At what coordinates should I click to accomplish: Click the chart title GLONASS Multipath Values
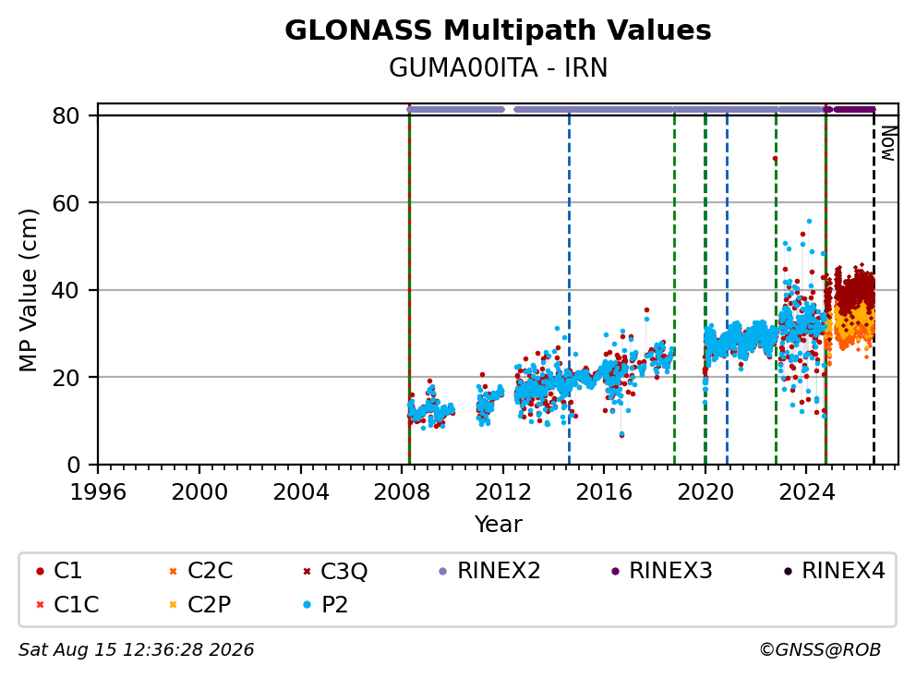498,30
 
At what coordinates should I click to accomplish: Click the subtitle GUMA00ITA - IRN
498,67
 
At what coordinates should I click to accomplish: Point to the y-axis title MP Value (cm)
28,290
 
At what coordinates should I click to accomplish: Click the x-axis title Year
498,525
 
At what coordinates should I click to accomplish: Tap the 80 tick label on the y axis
66,115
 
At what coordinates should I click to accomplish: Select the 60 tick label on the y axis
66,203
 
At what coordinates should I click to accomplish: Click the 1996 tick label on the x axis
98,492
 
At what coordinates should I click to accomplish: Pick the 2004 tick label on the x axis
301,492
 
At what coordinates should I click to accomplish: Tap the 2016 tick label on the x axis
604,492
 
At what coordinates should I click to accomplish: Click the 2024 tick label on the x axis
807,492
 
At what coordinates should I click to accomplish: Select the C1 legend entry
59,571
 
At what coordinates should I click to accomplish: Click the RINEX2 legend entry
489,571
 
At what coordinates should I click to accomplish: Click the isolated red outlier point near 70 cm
775,158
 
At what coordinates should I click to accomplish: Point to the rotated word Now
888,143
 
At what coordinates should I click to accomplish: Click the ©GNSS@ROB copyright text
820,649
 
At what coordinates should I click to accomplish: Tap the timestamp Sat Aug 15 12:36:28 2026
136,649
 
